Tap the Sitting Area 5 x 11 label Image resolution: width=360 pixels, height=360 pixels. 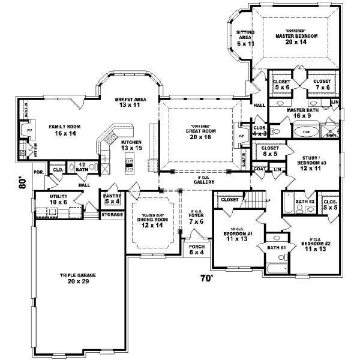pyautogui.click(x=245, y=38)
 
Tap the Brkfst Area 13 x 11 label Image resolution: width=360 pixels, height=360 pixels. pyautogui.click(x=127, y=102)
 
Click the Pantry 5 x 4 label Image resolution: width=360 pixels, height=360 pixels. pyautogui.click(x=112, y=198)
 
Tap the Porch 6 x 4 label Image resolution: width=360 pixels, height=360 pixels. pyautogui.click(x=196, y=249)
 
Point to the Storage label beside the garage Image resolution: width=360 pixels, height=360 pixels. pyautogui.click(x=112, y=214)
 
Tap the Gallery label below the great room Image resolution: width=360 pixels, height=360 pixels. pyautogui.click(x=201, y=179)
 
